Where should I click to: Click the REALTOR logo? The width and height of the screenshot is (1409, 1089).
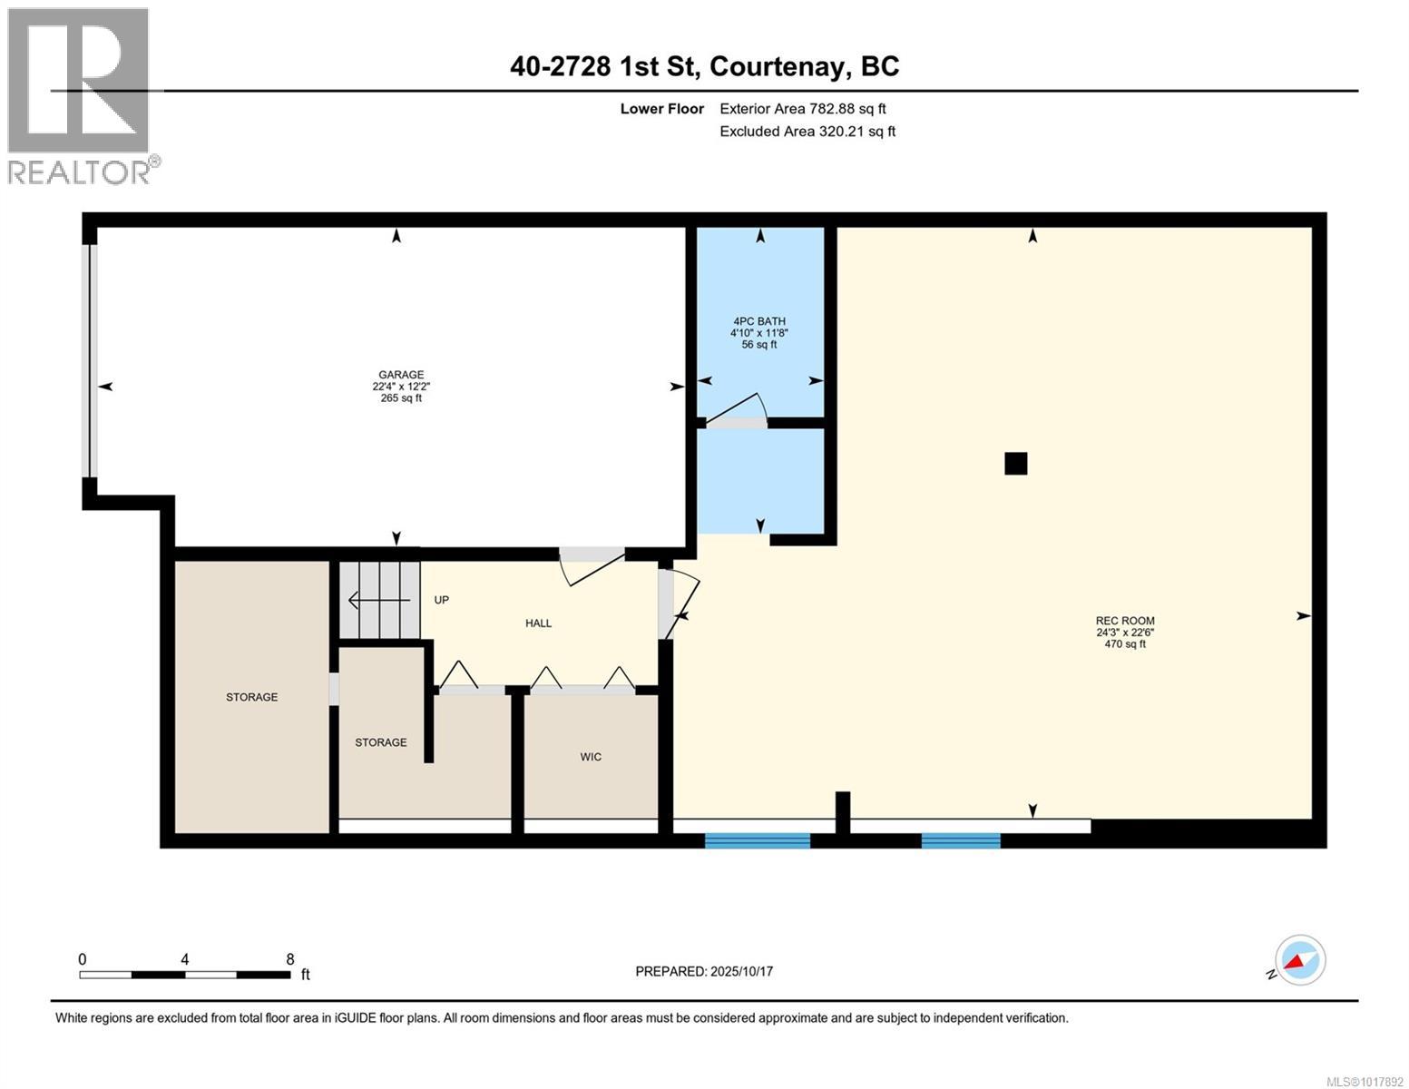(x=79, y=95)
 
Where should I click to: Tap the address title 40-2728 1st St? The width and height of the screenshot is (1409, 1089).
(x=704, y=66)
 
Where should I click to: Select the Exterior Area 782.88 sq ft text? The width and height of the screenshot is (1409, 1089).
(x=802, y=109)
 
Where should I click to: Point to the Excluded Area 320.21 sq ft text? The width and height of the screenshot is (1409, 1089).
(x=807, y=132)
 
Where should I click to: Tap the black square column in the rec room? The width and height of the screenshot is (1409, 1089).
(x=1015, y=464)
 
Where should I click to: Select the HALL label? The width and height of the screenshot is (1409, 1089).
(x=538, y=623)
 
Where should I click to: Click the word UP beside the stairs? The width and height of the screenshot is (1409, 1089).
(x=442, y=600)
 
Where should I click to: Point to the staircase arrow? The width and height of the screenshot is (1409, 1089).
(x=378, y=600)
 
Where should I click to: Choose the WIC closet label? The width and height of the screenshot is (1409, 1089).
(x=591, y=757)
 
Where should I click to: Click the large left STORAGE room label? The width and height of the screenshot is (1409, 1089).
(x=251, y=697)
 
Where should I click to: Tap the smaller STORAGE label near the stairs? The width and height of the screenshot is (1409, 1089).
(x=380, y=742)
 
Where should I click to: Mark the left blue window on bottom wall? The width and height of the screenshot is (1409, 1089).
(x=758, y=840)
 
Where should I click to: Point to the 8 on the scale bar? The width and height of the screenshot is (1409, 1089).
(x=289, y=959)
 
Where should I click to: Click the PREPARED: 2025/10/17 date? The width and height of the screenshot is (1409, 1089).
(x=704, y=971)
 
